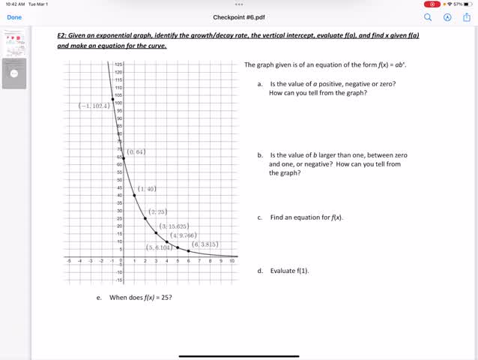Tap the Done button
pos(14,16)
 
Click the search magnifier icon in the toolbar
pos(429,16)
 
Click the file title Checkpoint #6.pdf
pos(239,16)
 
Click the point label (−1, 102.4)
pos(94,106)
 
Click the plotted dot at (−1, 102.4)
pos(112,99)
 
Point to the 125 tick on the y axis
pos(118,64)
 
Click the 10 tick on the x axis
pos(232,261)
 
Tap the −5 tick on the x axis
pos(69,261)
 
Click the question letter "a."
pos(260,84)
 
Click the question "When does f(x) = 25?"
pos(141,298)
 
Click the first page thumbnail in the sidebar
pos(15,44)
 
